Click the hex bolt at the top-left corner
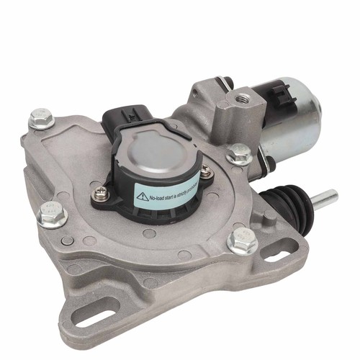point(42,118)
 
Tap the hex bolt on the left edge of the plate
point(51,215)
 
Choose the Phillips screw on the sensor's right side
point(206,171)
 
